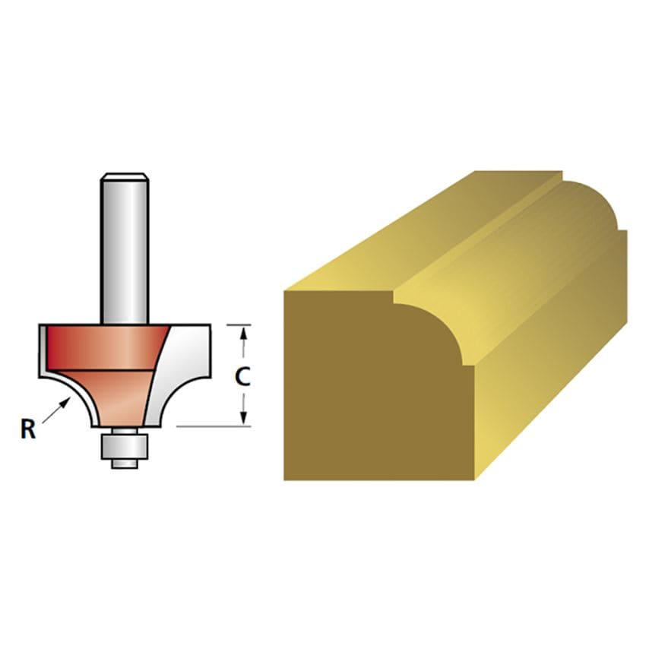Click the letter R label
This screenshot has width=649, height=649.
point(28,429)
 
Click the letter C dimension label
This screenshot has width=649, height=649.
point(242,377)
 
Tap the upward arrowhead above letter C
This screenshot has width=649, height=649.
point(244,334)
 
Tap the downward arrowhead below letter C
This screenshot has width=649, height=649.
point(244,417)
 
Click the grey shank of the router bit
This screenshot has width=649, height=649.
point(125,249)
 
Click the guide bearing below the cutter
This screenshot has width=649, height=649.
point(125,446)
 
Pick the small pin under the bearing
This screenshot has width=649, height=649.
point(125,464)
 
